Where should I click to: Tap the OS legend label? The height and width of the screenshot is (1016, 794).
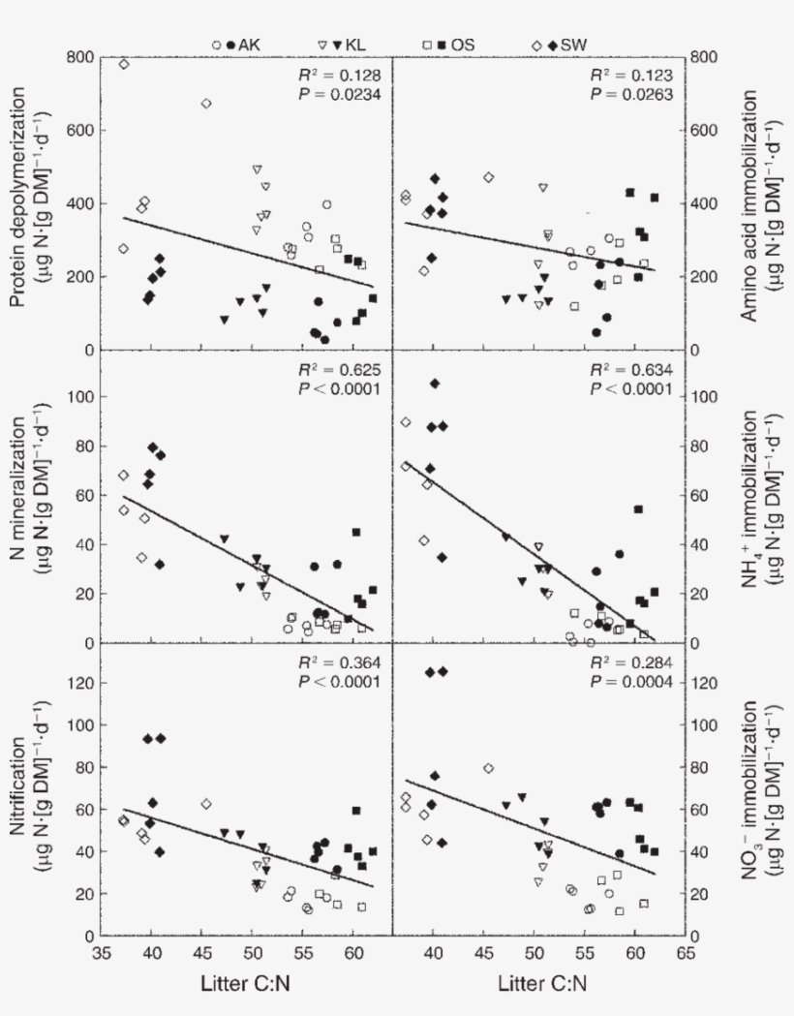(464, 45)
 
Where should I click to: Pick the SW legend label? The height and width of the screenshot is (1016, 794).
(572, 45)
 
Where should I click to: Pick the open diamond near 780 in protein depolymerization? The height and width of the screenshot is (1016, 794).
(124, 65)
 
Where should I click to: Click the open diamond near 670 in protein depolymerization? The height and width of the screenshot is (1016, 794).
(206, 104)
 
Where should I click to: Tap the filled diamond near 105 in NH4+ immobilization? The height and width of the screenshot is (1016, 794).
(435, 384)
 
